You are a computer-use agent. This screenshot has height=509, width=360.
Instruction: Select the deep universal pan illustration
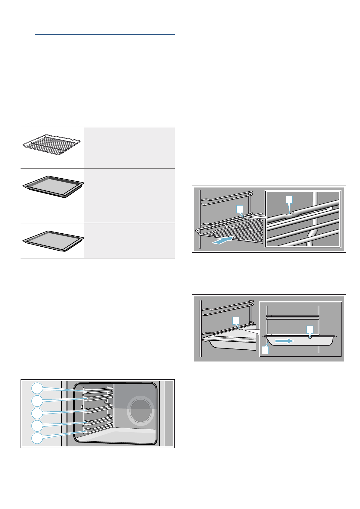(53, 186)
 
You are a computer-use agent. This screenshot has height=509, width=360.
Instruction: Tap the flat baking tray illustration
(53, 241)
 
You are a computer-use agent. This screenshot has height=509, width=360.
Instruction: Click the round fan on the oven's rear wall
(141, 410)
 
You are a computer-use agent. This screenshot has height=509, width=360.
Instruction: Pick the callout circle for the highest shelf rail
(37, 388)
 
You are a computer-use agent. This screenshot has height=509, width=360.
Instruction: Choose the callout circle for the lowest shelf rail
(37, 438)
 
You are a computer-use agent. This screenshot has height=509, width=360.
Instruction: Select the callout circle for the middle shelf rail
(37, 413)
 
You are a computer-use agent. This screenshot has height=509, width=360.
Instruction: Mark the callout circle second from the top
(37, 400)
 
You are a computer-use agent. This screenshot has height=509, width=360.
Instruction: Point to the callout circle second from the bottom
(37, 426)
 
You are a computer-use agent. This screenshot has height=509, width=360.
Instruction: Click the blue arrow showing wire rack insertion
(222, 240)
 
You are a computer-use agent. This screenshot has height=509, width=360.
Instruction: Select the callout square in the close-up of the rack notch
(289, 199)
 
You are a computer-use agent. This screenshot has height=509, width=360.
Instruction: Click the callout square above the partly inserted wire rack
(239, 209)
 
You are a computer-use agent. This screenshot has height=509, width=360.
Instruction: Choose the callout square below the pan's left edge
(265, 350)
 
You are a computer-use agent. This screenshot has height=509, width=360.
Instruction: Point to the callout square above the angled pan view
(235, 320)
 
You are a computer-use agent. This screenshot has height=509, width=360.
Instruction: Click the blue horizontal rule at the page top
(105, 35)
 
